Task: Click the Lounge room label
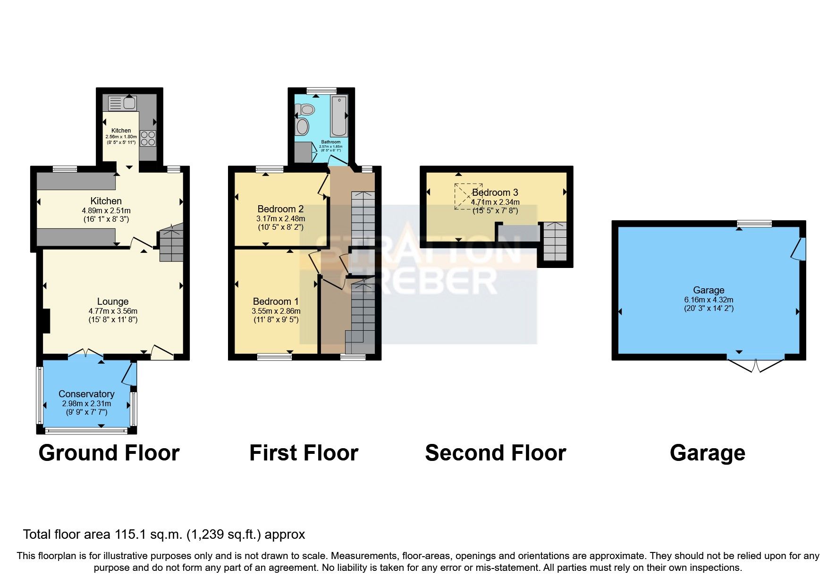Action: pyautogui.click(x=112, y=301)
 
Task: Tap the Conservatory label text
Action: pyautogui.click(x=86, y=394)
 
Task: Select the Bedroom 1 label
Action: pyautogui.click(x=276, y=301)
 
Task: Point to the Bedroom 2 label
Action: pyautogui.click(x=280, y=209)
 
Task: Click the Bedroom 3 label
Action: pyautogui.click(x=495, y=192)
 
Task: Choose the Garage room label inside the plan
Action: pyautogui.click(x=709, y=290)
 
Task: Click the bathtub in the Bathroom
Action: pyautogui.click(x=338, y=116)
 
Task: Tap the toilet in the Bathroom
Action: pyautogui.click(x=306, y=110)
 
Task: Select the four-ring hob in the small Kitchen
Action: pyautogui.click(x=148, y=138)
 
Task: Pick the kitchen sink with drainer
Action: pyautogui.click(x=122, y=103)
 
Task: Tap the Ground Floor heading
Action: pyautogui.click(x=109, y=453)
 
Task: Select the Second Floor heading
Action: pyautogui.click(x=495, y=453)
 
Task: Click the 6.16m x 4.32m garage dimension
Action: pyautogui.click(x=709, y=300)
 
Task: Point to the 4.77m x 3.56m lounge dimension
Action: pyautogui.click(x=113, y=311)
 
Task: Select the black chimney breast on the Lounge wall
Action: pyautogui.click(x=46, y=321)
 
